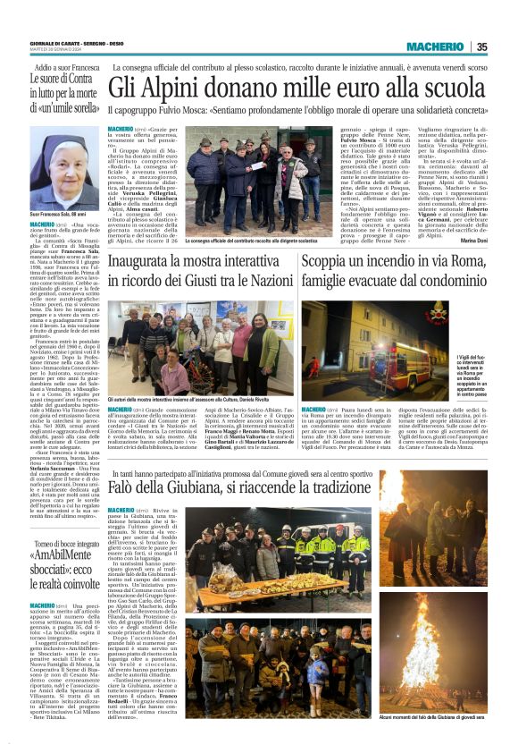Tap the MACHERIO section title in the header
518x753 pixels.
click(435, 47)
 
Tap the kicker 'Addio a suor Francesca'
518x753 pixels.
click(67, 68)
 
